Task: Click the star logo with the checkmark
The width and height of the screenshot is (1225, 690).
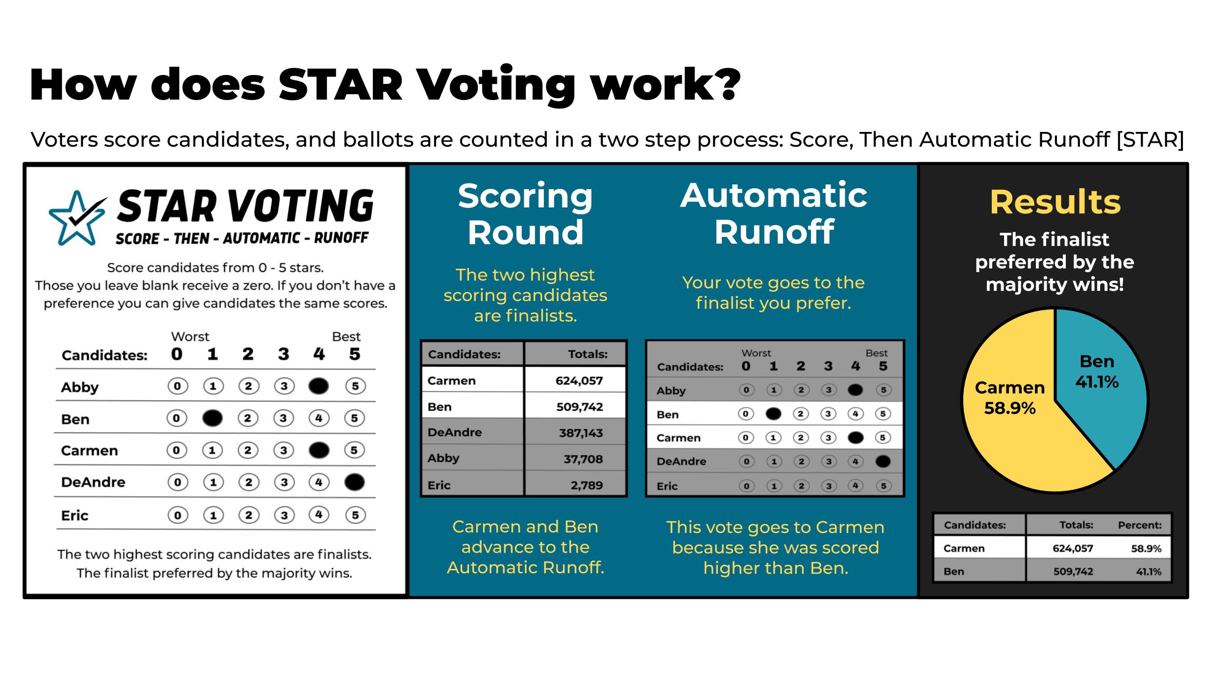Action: pyautogui.click(x=77, y=218)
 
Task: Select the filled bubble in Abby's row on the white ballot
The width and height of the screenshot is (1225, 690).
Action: pyautogui.click(x=318, y=386)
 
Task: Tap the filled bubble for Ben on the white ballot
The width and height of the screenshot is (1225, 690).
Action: pyautogui.click(x=212, y=418)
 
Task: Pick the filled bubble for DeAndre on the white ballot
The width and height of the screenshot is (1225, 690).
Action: pyautogui.click(x=354, y=482)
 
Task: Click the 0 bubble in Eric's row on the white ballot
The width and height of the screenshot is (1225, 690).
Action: pyautogui.click(x=177, y=515)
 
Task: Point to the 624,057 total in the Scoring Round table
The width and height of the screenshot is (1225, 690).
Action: pyautogui.click(x=579, y=381)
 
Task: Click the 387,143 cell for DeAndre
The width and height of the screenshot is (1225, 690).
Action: pyautogui.click(x=581, y=433)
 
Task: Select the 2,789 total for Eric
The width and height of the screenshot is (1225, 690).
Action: pyautogui.click(x=587, y=485)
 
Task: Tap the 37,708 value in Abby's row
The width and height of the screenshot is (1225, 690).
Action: pyautogui.click(x=583, y=459)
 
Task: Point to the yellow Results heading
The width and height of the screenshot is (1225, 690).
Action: pyautogui.click(x=1055, y=202)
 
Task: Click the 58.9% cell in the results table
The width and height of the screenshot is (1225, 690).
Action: pyautogui.click(x=1146, y=548)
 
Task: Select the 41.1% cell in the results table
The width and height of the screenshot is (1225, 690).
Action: pyautogui.click(x=1149, y=571)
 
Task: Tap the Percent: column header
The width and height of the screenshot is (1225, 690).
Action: pyautogui.click(x=1139, y=525)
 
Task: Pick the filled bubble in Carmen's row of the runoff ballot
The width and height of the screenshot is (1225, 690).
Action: pyautogui.click(x=855, y=437)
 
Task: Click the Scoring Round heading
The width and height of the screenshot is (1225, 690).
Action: pyautogui.click(x=525, y=214)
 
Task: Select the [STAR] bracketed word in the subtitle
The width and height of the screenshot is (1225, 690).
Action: pyautogui.click(x=1150, y=140)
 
